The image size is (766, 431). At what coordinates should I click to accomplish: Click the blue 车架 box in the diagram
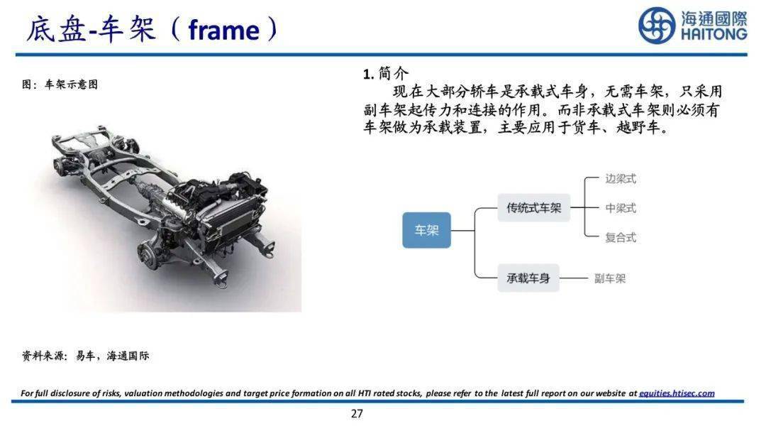tap(426, 230)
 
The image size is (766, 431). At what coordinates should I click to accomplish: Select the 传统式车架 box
tap(533, 208)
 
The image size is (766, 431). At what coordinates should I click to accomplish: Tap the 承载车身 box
tap(528, 278)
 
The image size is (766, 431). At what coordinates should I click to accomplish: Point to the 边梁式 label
tap(621, 179)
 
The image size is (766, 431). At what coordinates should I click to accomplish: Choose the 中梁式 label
tap(621, 209)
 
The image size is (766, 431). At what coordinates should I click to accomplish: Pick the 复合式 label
tap(621, 238)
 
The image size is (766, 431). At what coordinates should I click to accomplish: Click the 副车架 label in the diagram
tap(610, 278)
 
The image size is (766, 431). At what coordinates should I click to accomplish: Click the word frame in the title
tap(223, 31)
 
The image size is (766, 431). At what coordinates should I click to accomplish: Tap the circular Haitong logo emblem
tap(657, 25)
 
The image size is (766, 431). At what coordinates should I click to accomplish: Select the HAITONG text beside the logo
tap(714, 34)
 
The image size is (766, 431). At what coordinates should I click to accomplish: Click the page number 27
tap(357, 414)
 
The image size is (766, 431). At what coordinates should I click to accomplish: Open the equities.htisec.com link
tap(677, 393)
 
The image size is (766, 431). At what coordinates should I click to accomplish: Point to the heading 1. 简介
tap(385, 73)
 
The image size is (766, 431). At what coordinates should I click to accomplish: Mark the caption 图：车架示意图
tap(60, 84)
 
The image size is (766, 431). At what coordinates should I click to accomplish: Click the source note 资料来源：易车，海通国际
tap(86, 356)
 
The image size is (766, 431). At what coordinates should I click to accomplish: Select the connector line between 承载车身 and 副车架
tap(574, 278)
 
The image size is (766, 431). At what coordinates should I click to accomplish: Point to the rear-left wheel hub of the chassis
tap(60, 166)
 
